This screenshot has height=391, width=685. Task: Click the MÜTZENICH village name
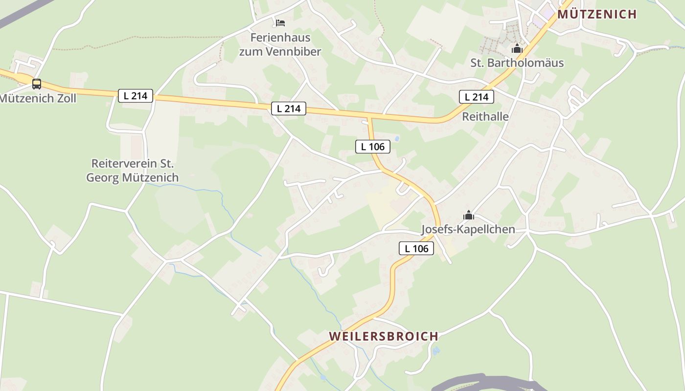point(597,14)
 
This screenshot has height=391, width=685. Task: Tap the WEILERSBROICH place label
point(384,336)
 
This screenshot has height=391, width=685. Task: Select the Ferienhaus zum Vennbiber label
point(280,44)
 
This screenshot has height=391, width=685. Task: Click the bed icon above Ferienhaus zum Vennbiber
point(280,22)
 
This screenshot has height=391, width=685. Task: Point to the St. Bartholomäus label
point(517,63)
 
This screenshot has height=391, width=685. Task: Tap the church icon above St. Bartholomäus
point(517,49)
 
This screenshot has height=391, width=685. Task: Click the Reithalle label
point(485,117)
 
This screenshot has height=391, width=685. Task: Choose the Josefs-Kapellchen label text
point(468,229)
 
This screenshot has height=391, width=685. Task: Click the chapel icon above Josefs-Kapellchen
point(469,215)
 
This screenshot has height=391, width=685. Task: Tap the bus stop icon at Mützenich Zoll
point(37,84)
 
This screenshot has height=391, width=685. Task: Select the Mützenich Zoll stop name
point(38,98)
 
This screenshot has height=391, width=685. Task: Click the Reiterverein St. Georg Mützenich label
point(133,171)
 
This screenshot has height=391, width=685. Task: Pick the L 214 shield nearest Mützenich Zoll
point(136,96)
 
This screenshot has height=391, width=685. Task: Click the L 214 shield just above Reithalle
point(477,97)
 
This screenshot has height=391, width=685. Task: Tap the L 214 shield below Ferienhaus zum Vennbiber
point(289,109)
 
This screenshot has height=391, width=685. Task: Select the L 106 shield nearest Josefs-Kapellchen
point(416,248)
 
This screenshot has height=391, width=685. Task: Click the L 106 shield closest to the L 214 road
point(373,146)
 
